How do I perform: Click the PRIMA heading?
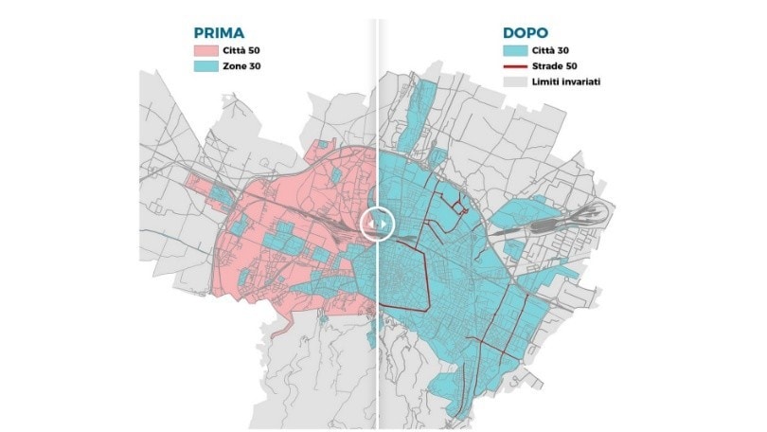coord(219,31)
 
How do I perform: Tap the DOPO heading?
coord(526,31)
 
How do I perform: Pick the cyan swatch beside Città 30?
coord(515,50)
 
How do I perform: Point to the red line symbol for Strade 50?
coord(515,66)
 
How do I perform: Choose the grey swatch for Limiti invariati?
coord(515,82)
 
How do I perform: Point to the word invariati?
coord(582,82)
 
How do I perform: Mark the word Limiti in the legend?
coord(545,82)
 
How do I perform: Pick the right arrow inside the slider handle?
coord(383,222)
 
